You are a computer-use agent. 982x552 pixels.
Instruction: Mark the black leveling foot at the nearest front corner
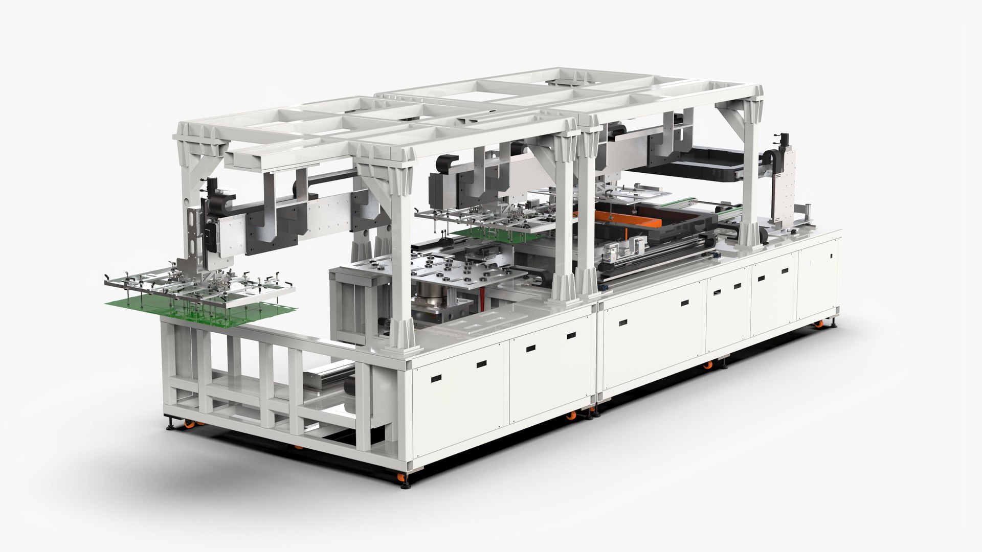(404, 480)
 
